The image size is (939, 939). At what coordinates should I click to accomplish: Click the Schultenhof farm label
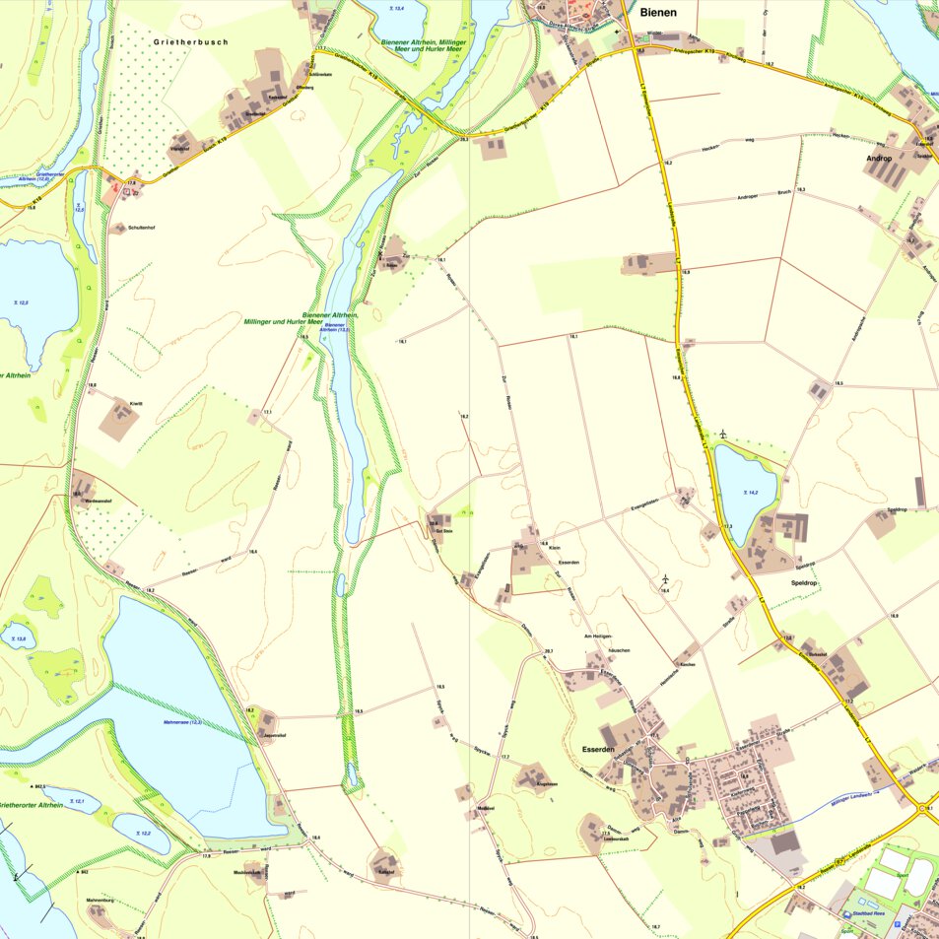click(140, 228)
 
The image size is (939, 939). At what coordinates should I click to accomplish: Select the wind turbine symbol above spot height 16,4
click(665, 578)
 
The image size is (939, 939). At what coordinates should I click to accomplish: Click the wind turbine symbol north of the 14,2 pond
click(722, 434)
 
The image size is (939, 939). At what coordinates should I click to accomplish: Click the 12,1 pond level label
click(81, 802)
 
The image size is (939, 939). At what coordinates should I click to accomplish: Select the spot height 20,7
click(549, 651)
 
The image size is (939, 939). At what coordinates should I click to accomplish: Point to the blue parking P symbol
click(846, 915)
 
